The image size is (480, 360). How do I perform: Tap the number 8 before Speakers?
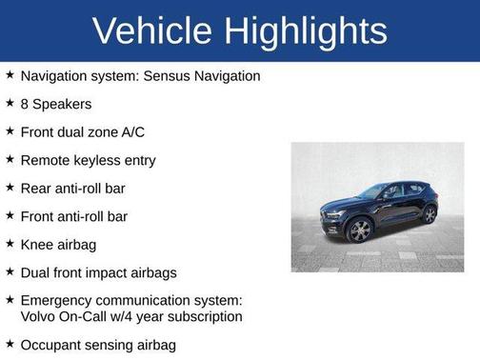[25, 104]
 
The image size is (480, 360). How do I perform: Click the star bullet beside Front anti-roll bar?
[9, 215]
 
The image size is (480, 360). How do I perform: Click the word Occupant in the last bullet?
[51, 345]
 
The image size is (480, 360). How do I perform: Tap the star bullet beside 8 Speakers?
[9, 103]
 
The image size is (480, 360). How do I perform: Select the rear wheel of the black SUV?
[430, 214]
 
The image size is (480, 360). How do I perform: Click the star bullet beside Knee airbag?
[9, 244]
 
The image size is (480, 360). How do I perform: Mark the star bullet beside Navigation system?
[9, 74]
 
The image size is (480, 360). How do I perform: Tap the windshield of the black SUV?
[372, 192]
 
